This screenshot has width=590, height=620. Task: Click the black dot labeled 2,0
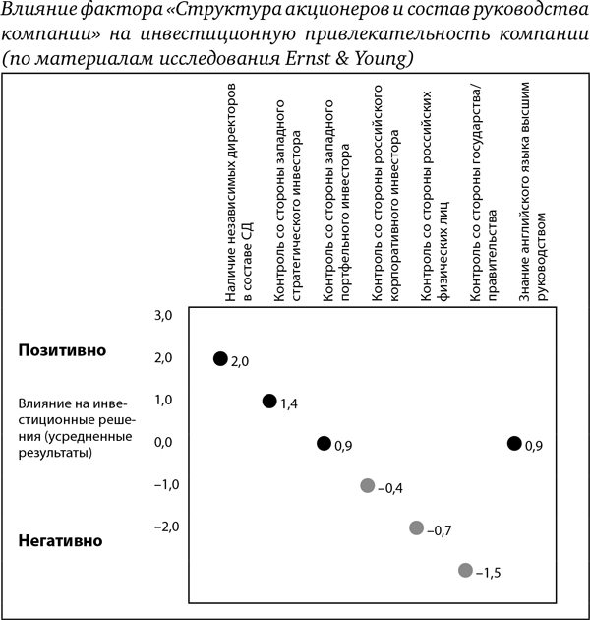[x=220, y=358]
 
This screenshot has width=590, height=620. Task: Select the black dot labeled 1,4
[x=269, y=401]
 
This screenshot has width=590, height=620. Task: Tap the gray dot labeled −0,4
[x=368, y=485]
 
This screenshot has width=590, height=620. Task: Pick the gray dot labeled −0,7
[x=416, y=527]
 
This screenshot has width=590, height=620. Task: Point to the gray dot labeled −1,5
[x=465, y=570]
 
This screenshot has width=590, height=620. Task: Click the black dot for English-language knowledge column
[x=513, y=443]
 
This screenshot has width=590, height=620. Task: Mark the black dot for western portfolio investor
[x=324, y=443]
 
